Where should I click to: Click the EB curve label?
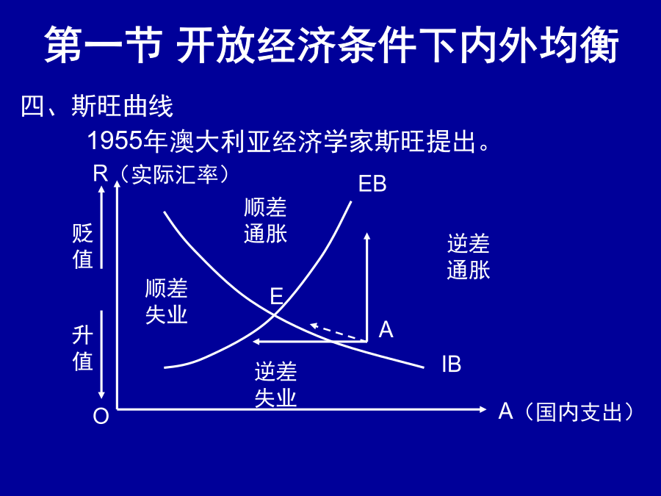[372, 184]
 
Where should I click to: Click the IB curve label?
[452, 364]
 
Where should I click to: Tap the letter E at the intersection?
[277, 296]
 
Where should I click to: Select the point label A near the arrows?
[386, 329]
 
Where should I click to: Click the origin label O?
[101, 416]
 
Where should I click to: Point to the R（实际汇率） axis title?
[161, 173]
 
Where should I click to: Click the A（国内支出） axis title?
[566, 411]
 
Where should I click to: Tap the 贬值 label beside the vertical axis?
[82, 246]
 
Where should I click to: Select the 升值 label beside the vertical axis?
[82, 348]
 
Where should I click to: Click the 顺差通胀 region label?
[265, 220]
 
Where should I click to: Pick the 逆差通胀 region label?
[469, 256]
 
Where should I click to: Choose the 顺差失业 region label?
[166, 301]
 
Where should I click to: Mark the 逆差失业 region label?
[275, 384]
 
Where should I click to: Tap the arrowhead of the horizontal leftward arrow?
[256, 341]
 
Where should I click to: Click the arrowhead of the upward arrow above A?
[366, 236]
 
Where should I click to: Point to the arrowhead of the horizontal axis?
[483, 409]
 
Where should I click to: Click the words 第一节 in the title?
[104, 45]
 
